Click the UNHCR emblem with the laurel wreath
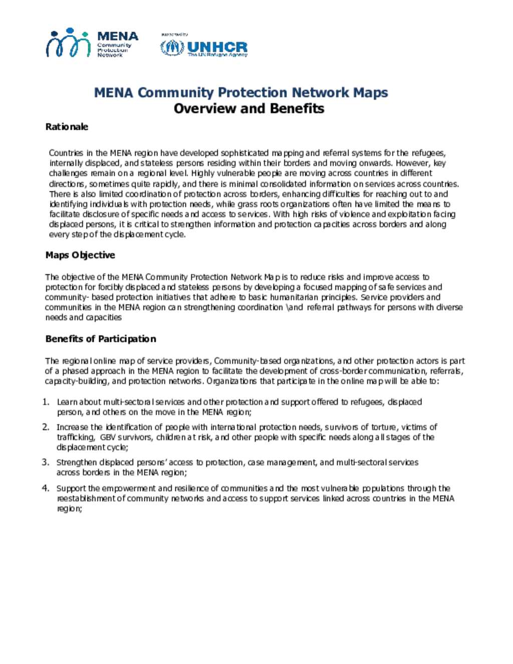(172, 48)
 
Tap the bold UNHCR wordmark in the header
(217, 47)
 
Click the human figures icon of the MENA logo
(69, 43)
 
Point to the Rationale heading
(67, 127)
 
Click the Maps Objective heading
(80, 255)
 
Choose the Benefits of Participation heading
(101, 339)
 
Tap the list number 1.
(45, 402)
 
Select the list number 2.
(45, 427)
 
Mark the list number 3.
(45, 462)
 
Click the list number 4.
(45, 488)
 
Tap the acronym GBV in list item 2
(108, 437)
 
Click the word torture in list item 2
(383, 427)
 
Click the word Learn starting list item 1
(67, 402)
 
